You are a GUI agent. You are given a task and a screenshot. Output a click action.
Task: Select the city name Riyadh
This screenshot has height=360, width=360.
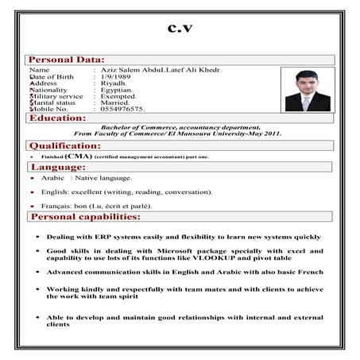pyautogui.click(x=113, y=83)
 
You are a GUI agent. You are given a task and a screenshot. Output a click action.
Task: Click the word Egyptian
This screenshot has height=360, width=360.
pyautogui.click(x=116, y=89)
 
